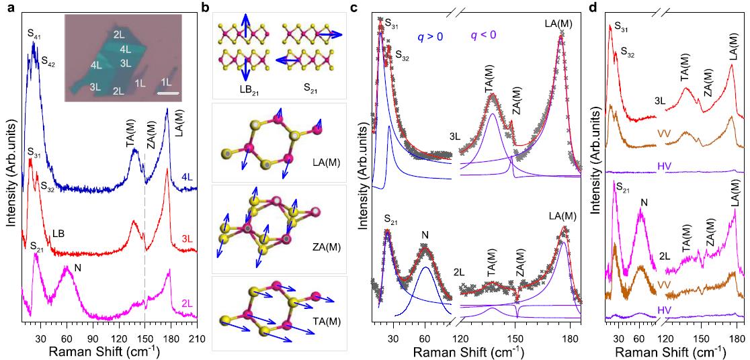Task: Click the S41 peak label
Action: (x=34, y=33)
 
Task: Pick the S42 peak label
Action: (x=48, y=61)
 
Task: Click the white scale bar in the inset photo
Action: (x=171, y=93)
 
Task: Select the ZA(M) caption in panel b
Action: (x=328, y=246)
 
